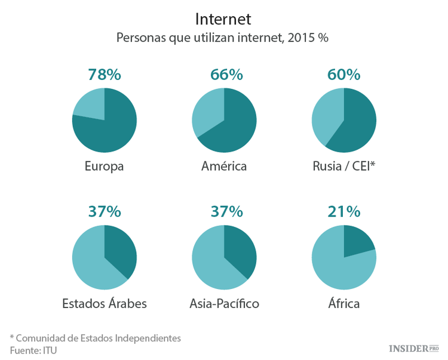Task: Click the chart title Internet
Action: click(223, 19)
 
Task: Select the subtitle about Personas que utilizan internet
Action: click(223, 38)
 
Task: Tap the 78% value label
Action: click(105, 75)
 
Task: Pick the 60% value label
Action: click(344, 75)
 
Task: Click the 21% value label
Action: click(344, 211)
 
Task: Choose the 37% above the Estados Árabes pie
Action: click(105, 211)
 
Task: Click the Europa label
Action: click(104, 166)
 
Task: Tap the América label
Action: click(224, 166)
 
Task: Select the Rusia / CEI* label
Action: click(343, 166)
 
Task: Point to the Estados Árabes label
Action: click(105, 304)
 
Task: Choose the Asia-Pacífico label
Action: click(224, 304)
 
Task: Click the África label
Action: click(343, 304)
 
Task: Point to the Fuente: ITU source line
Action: click(33, 350)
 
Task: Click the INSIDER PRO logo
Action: click(413, 348)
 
